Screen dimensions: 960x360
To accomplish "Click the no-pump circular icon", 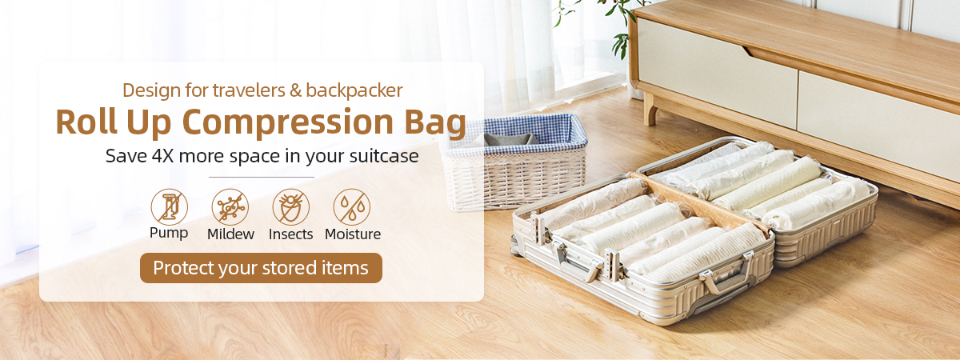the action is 170,207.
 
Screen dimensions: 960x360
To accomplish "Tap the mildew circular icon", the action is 230,207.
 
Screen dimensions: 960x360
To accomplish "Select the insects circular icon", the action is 291,207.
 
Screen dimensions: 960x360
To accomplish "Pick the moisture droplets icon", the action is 352,207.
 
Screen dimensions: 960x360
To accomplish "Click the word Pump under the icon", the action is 169,233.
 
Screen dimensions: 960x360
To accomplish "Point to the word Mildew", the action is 230,234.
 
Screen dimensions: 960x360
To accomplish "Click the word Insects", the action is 290,234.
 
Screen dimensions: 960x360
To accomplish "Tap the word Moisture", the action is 353,234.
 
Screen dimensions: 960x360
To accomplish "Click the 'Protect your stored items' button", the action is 261,268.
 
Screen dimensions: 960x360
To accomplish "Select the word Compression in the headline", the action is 287,122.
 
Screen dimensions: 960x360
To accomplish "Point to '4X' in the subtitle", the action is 163,156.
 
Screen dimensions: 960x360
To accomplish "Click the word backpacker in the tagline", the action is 354,90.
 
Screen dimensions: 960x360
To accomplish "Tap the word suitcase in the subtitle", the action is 384,156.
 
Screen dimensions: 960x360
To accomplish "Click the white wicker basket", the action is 514,163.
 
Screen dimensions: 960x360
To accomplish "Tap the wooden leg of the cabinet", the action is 650,109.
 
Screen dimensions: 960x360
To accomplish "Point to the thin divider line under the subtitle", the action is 262,177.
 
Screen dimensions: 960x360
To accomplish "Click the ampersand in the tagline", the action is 295,90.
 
